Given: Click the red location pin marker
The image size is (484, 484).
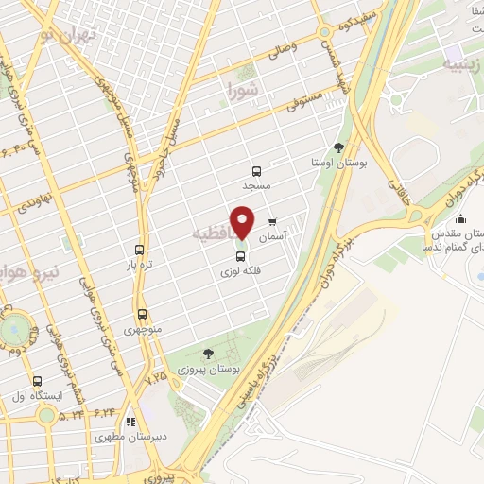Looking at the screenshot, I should pos(242,223).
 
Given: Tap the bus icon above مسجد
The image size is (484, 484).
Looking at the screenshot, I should pos(256,171).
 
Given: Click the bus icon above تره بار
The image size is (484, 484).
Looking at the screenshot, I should pos(140,251).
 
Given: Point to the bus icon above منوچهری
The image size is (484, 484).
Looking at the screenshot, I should pos(142,315).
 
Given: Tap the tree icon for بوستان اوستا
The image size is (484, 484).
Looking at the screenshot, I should pos(338,147).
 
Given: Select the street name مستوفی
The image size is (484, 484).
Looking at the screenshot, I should pos(307,99).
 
